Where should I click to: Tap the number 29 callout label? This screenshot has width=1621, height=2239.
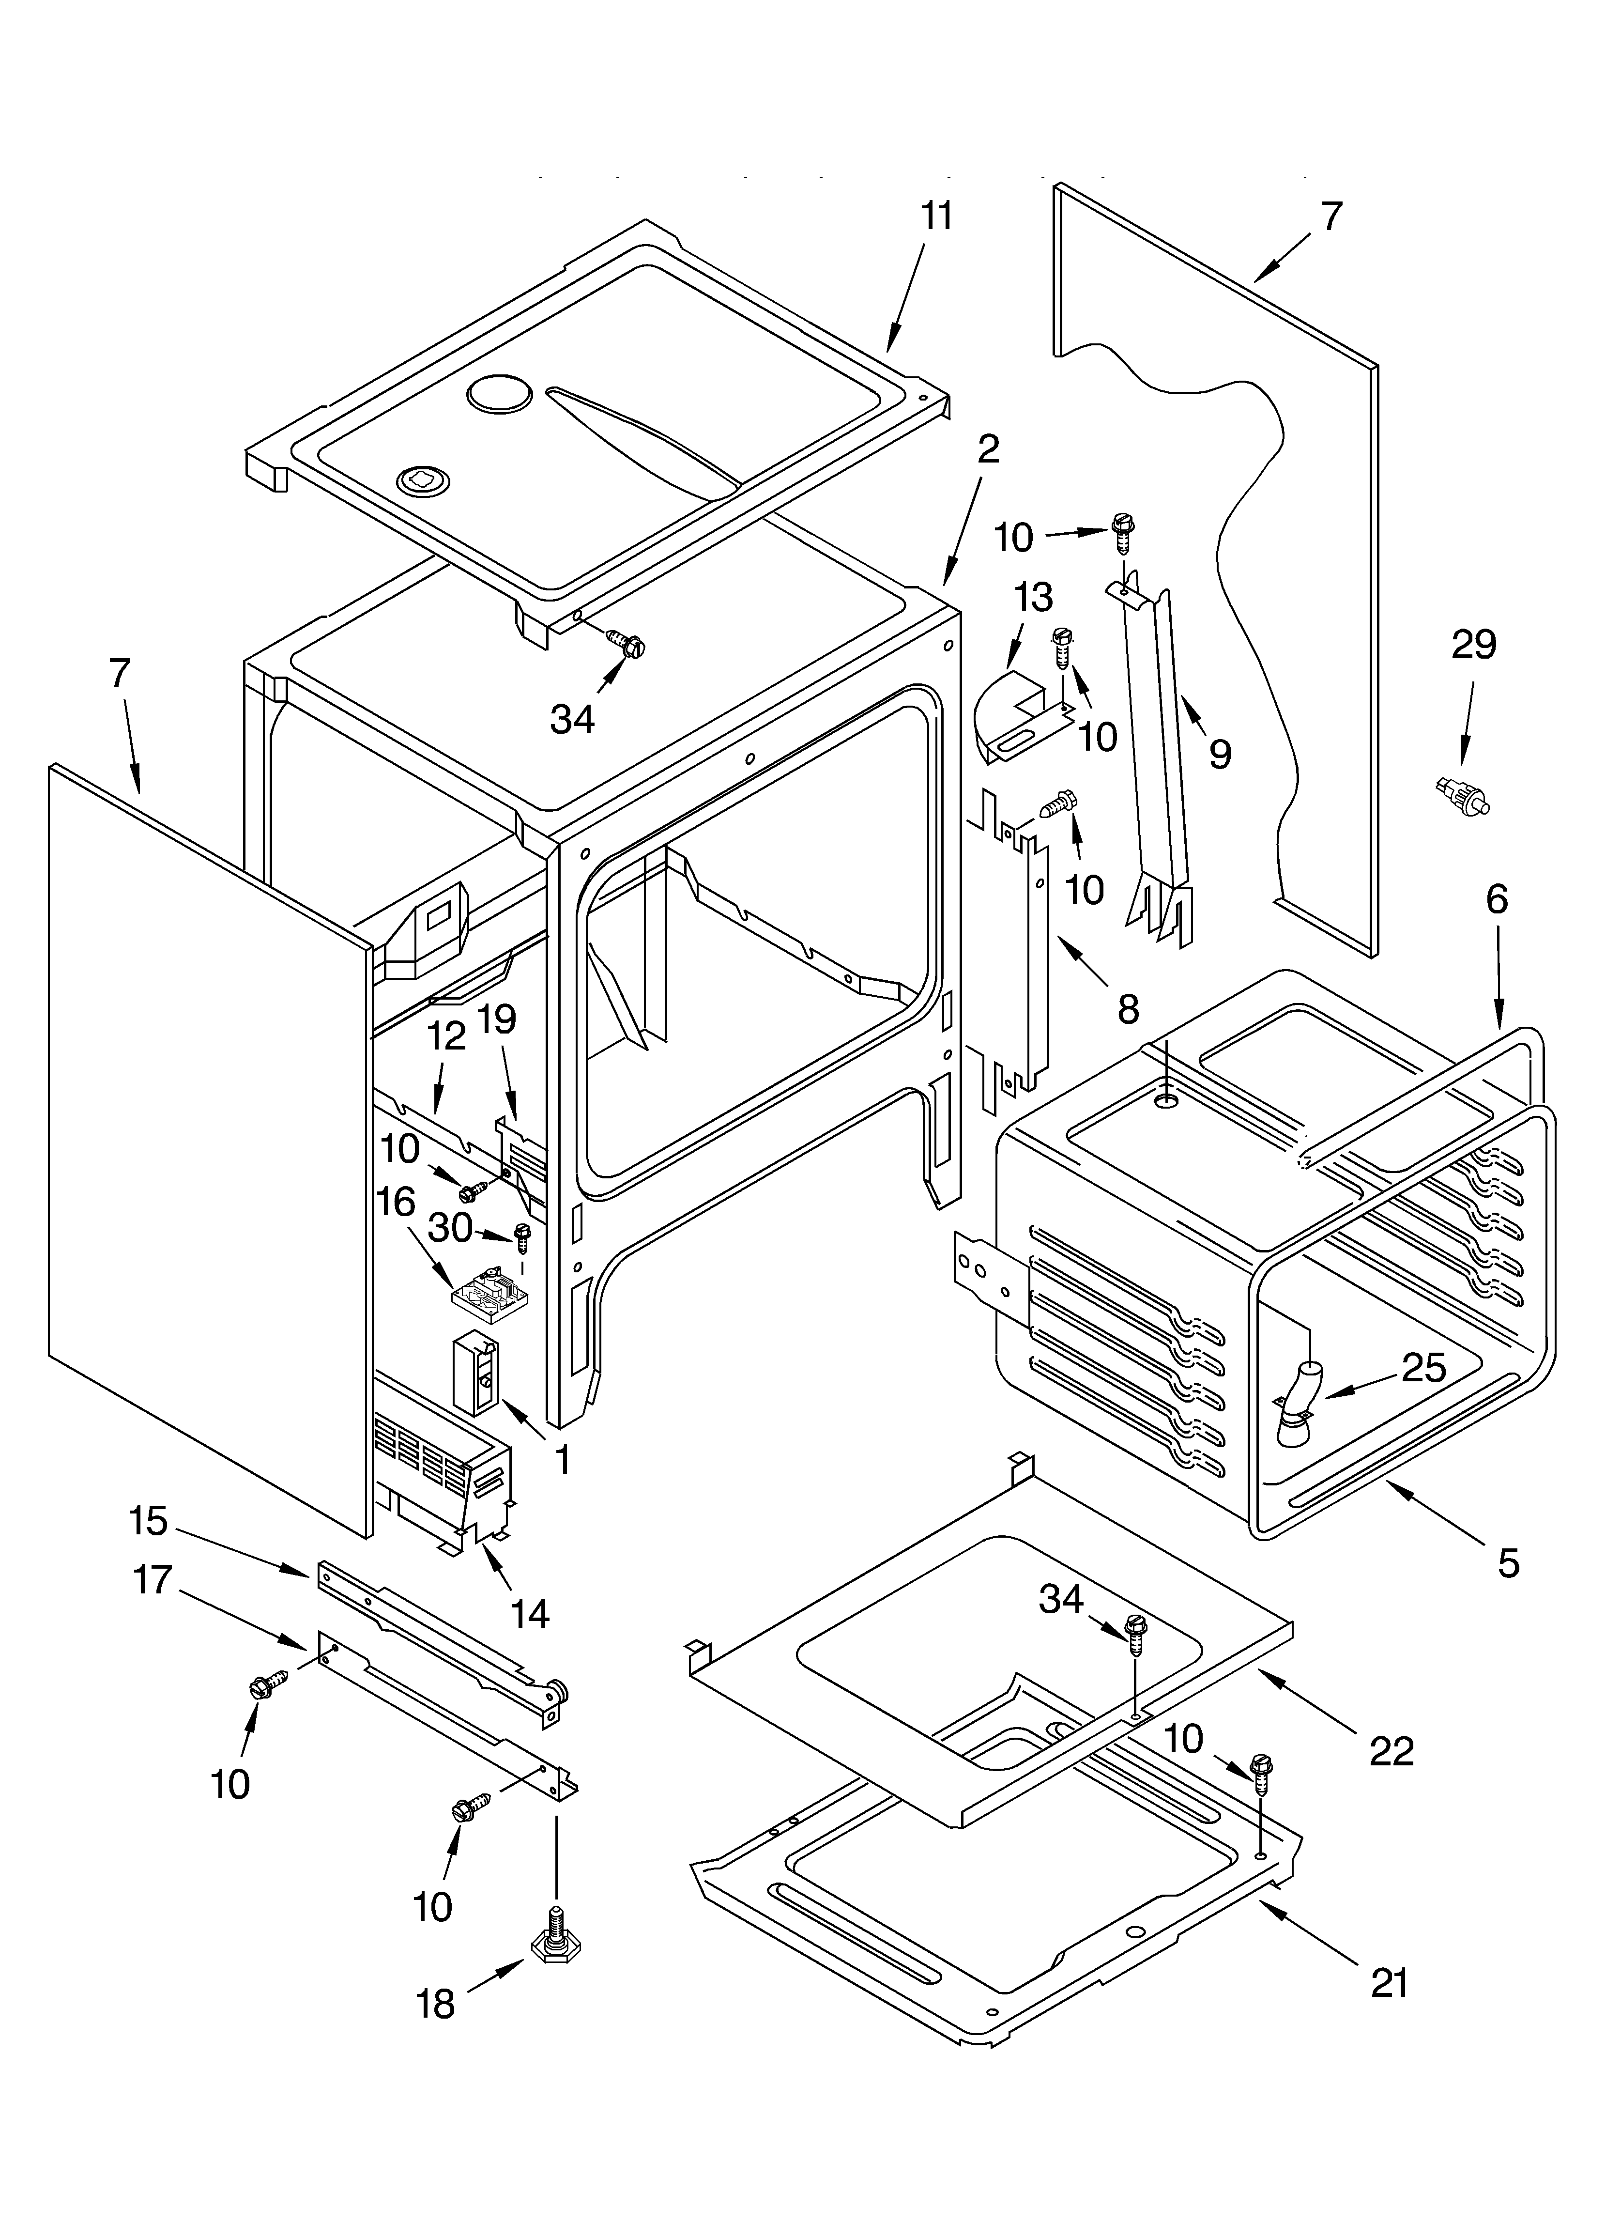1473,645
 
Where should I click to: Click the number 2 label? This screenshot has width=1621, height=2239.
987,449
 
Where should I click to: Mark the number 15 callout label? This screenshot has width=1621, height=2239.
148,1521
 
